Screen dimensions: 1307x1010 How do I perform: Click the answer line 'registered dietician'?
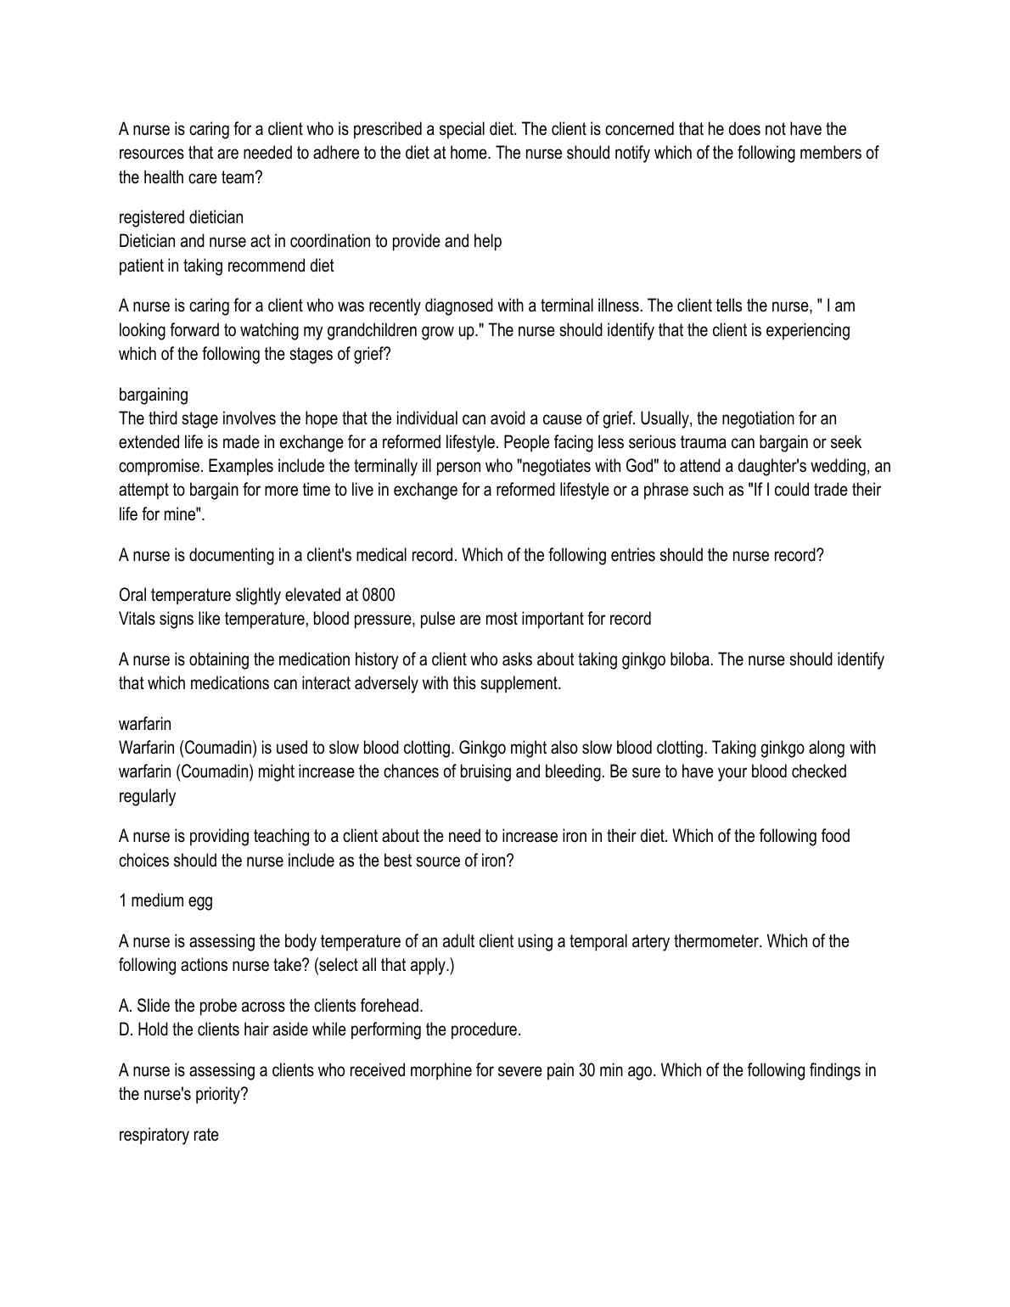181,218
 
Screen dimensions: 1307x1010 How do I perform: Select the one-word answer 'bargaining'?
154,395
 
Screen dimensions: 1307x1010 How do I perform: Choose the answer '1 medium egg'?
166,901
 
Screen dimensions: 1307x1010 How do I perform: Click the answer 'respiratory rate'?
168,1136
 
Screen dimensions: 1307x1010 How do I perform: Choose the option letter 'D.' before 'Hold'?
126,1030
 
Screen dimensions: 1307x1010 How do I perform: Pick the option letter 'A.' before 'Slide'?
126,1007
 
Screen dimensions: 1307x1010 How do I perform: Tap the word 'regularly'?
147,796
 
